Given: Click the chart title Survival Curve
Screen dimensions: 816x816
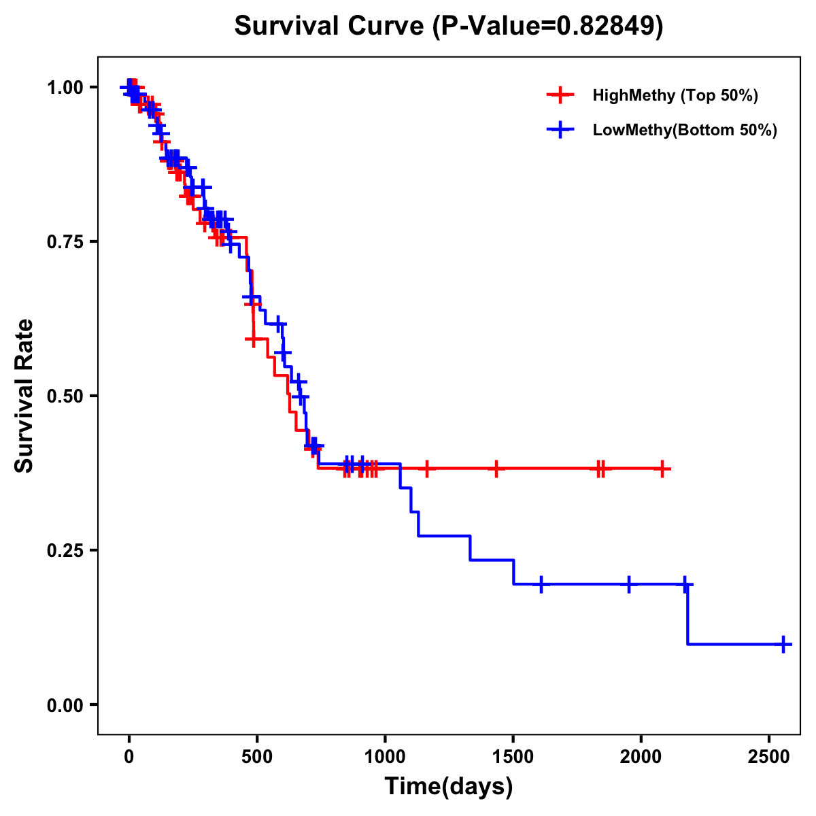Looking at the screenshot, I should tap(448, 27).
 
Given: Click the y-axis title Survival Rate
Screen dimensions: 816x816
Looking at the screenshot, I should tap(24, 395).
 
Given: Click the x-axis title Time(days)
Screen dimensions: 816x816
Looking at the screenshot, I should tap(449, 787).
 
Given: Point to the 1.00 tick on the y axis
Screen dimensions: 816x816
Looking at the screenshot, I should tap(65, 87).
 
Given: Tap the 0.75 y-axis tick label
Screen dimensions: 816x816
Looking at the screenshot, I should tap(65, 241).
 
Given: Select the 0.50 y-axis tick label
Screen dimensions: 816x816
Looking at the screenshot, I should tap(65, 396).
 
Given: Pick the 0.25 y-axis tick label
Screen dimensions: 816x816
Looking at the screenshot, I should tap(65, 550).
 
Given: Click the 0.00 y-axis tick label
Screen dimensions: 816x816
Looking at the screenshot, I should tap(65, 704).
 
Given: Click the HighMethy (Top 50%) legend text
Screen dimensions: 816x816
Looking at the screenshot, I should tap(675, 95).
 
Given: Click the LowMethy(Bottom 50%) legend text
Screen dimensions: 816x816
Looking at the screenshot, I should tap(685, 130).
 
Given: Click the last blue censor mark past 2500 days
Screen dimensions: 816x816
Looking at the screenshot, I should tap(783, 643).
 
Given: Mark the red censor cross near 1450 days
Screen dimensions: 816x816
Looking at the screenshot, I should tap(496, 469).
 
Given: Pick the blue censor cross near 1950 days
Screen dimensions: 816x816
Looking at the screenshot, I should tap(629, 584).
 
